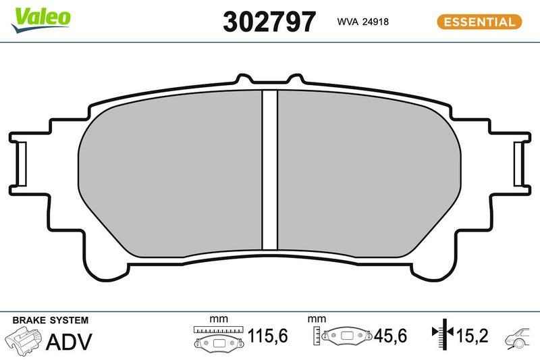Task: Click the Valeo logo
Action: pyautogui.click(x=40, y=20)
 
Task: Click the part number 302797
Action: pyautogui.click(x=269, y=22)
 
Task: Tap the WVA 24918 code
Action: pyautogui.click(x=362, y=22)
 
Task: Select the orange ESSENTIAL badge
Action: pyautogui.click(x=479, y=22)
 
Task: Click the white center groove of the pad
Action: pyautogui.click(x=269, y=170)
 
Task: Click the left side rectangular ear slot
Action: pyautogui.click(x=22, y=163)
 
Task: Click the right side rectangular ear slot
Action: pyautogui.click(x=518, y=163)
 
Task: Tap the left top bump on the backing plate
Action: pyautogui.click(x=244, y=78)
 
